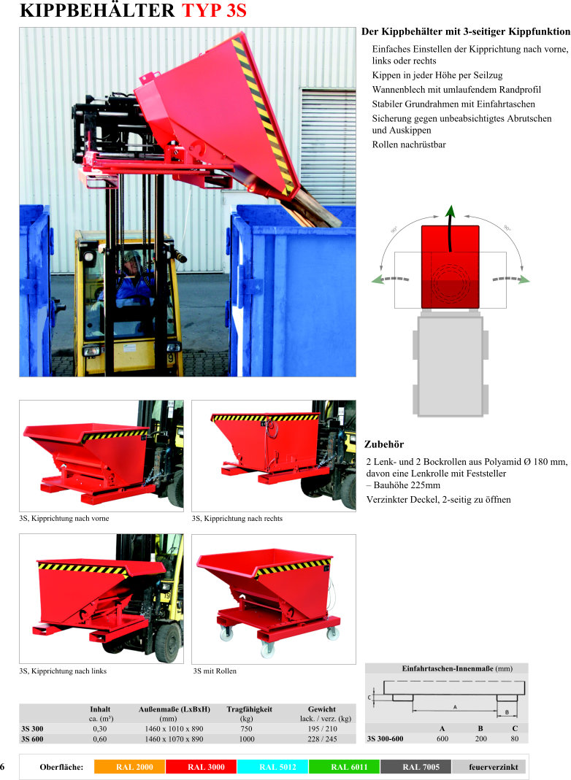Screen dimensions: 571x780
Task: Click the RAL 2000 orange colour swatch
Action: pos(129,767)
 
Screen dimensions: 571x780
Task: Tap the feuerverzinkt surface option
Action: pos(494,767)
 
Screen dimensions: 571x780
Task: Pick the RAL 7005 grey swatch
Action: pos(415,767)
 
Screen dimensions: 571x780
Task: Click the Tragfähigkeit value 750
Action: pos(246,729)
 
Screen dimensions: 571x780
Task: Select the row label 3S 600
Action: pos(32,739)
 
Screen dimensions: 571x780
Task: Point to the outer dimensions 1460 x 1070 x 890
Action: pos(175,739)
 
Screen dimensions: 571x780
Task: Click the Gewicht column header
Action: pos(322,709)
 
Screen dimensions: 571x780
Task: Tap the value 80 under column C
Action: pos(515,738)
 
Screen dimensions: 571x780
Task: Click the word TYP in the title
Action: pos(202,10)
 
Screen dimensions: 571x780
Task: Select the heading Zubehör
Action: pos(384,444)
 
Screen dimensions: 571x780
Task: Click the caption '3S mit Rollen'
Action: pos(215,671)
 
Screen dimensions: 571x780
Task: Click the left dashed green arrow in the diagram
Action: pos(391,279)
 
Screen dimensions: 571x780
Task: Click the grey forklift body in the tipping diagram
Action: pos(450,366)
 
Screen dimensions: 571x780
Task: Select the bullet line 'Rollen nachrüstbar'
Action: pos(409,144)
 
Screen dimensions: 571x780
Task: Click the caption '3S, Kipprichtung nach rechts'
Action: pos(237,518)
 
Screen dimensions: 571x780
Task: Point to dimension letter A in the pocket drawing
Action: pos(454,707)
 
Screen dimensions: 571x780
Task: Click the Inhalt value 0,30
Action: pos(99,729)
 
